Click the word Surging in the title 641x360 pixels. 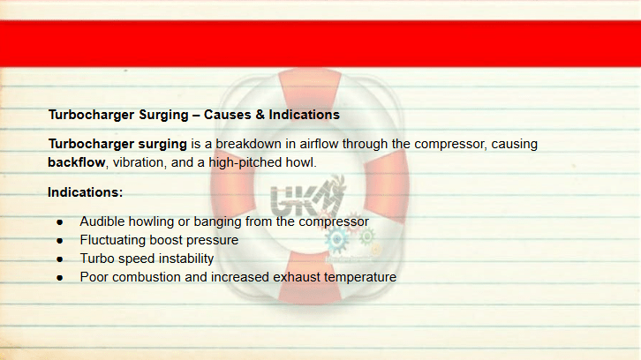163,116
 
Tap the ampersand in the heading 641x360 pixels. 260,115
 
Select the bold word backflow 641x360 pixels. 77,162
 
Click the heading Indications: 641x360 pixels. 85,192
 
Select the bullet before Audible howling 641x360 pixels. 60,222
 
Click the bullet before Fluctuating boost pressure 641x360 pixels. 60,241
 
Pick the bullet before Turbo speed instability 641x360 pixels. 60,259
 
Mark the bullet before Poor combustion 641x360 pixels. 60,278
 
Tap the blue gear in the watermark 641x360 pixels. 337,240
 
